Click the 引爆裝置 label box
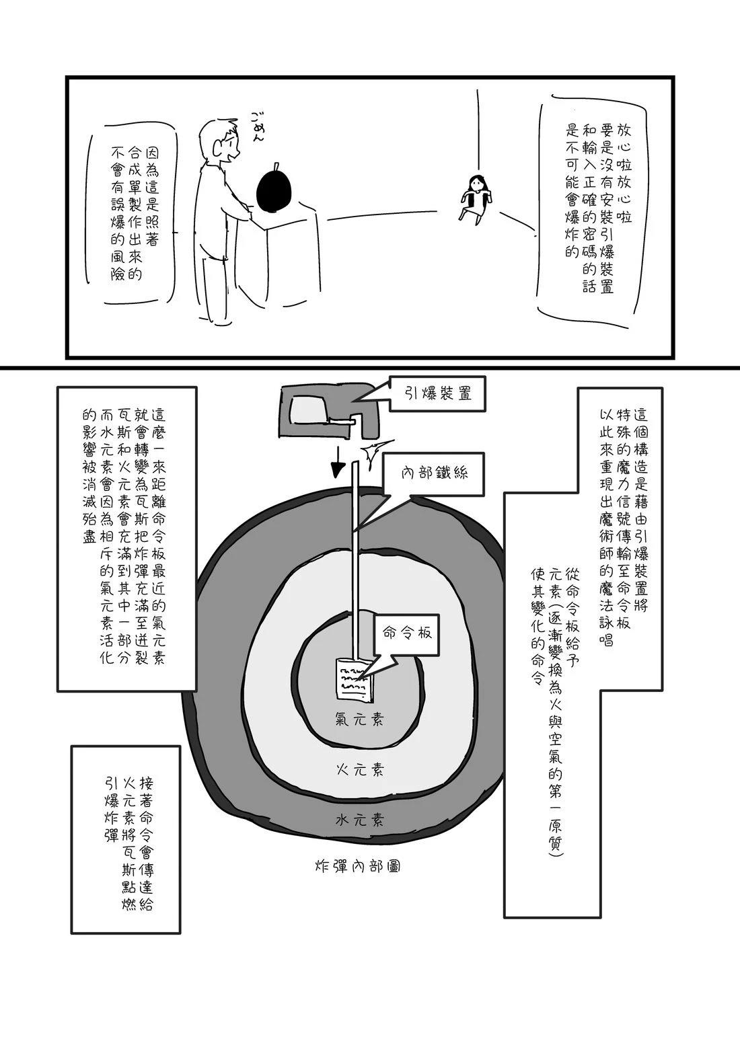[438, 394]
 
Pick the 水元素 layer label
[360, 820]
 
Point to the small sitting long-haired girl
[476, 197]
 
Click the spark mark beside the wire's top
[374, 453]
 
